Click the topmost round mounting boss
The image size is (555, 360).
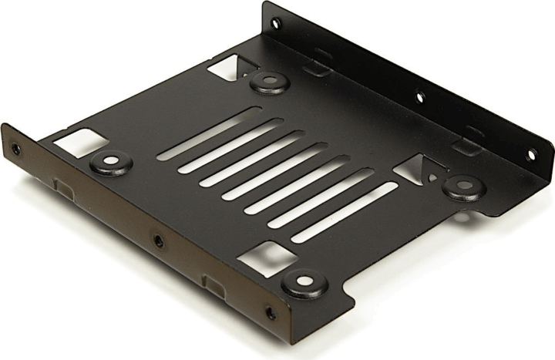tap(269, 80)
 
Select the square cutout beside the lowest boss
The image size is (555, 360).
tap(264, 257)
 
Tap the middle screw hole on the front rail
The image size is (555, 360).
tap(159, 241)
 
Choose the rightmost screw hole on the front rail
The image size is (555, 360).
tap(270, 313)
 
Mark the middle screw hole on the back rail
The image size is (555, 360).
tap(420, 97)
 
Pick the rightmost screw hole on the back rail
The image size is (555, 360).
tap(530, 155)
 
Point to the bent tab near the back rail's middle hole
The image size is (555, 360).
tap(468, 146)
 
